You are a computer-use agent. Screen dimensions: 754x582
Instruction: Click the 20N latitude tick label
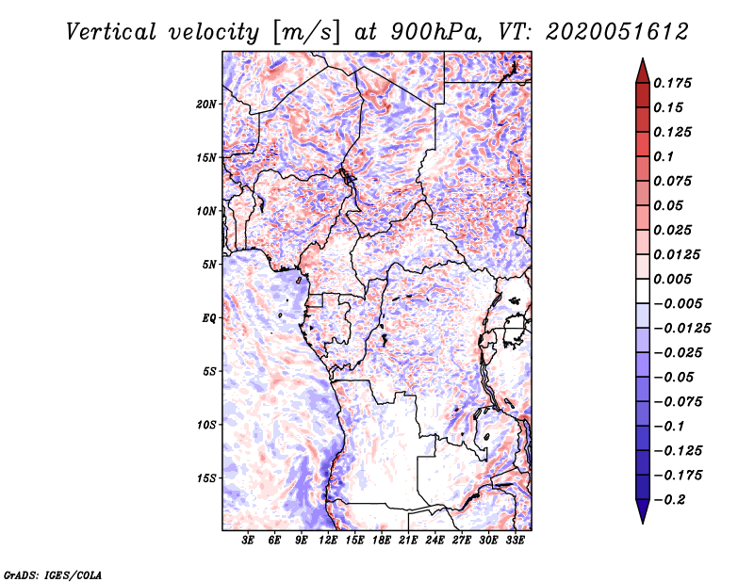click(x=205, y=105)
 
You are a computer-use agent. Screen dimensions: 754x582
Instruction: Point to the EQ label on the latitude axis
click(x=209, y=318)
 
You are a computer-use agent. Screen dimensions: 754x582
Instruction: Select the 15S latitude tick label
click(x=205, y=478)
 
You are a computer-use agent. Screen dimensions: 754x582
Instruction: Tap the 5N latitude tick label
click(x=209, y=265)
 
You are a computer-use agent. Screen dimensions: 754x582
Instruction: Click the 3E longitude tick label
click(x=248, y=540)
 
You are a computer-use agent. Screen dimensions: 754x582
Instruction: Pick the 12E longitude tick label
click(x=327, y=540)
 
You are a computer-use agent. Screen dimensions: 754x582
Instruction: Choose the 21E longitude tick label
click(x=408, y=540)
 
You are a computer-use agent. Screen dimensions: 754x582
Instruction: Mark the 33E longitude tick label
click(x=515, y=540)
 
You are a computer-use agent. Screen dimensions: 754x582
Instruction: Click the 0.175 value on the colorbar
click(x=672, y=83)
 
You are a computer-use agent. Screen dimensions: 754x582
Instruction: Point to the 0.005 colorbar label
click(x=672, y=279)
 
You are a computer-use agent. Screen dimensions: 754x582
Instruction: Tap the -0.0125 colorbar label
click(x=681, y=329)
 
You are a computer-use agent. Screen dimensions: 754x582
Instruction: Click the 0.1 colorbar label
click(x=664, y=156)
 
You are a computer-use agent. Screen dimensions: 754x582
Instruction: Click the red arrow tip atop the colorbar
click(x=643, y=58)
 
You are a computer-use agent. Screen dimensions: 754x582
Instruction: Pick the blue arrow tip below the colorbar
click(x=643, y=523)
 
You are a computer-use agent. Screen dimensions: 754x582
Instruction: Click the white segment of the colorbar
click(x=643, y=291)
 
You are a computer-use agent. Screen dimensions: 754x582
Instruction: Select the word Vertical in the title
click(x=111, y=32)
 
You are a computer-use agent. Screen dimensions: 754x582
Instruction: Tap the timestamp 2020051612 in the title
click(x=617, y=32)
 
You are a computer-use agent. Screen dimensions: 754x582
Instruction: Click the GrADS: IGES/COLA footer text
click(x=53, y=574)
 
